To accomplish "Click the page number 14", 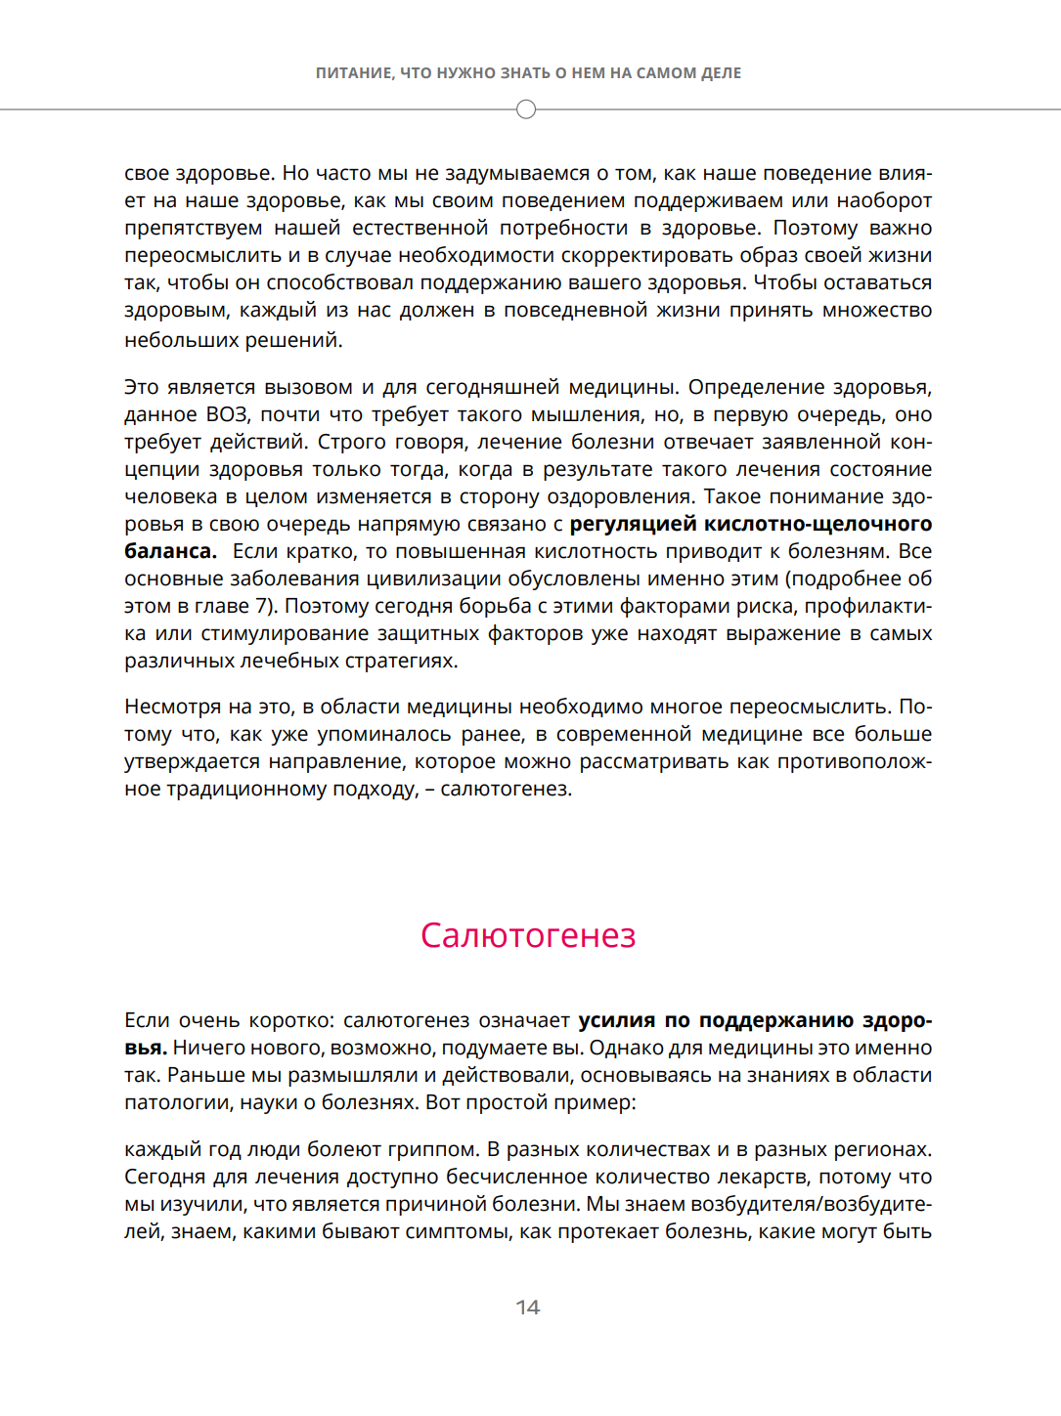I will [x=528, y=1308].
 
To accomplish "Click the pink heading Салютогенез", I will [x=528, y=935].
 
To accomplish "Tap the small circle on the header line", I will [x=526, y=109].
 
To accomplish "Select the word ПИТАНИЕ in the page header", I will [x=354, y=73].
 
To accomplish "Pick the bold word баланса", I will [x=170, y=551].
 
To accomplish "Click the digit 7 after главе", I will [x=262, y=606].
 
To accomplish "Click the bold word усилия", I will [x=617, y=1020].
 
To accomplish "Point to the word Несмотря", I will [x=172, y=707].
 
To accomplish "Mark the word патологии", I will [x=170, y=1102].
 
